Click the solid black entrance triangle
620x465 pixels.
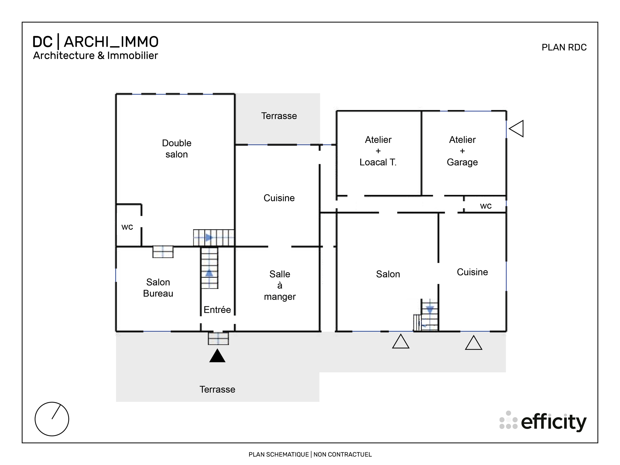pos(217,356)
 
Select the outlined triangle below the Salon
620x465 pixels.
pos(400,342)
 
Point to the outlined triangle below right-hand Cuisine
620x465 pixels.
pos(473,343)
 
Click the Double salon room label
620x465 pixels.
pos(177,149)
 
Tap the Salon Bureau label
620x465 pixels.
pos(158,288)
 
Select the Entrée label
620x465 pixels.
pos(217,309)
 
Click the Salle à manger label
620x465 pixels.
pos(280,285)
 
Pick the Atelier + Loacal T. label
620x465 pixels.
pos(378,151)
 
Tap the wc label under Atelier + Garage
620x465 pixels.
pos(486,206)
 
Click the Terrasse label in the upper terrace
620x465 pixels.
pos(279,116)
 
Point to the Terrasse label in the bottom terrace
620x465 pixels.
pos(217,389)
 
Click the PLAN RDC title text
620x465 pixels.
pos(564,47)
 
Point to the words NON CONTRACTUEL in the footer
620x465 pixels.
pos(342,454)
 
